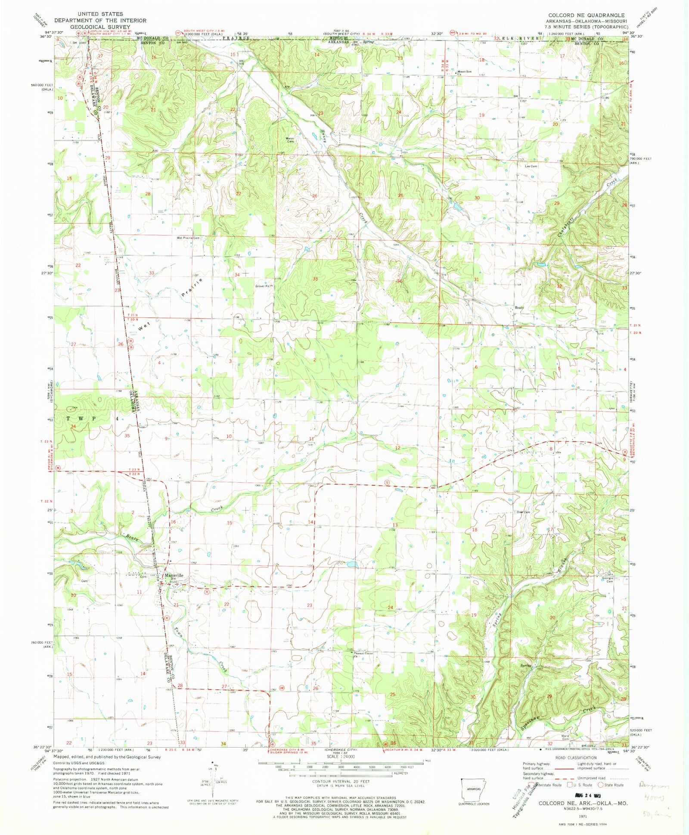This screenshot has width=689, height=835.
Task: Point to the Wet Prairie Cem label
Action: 188,238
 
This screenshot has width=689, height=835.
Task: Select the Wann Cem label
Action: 290,140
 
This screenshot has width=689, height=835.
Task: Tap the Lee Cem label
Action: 531,166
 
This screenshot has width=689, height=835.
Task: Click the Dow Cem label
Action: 523,512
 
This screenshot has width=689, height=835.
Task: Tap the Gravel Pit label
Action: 262,286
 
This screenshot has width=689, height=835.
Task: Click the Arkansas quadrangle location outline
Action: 474,788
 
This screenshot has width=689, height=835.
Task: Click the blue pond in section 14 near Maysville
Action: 352,563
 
